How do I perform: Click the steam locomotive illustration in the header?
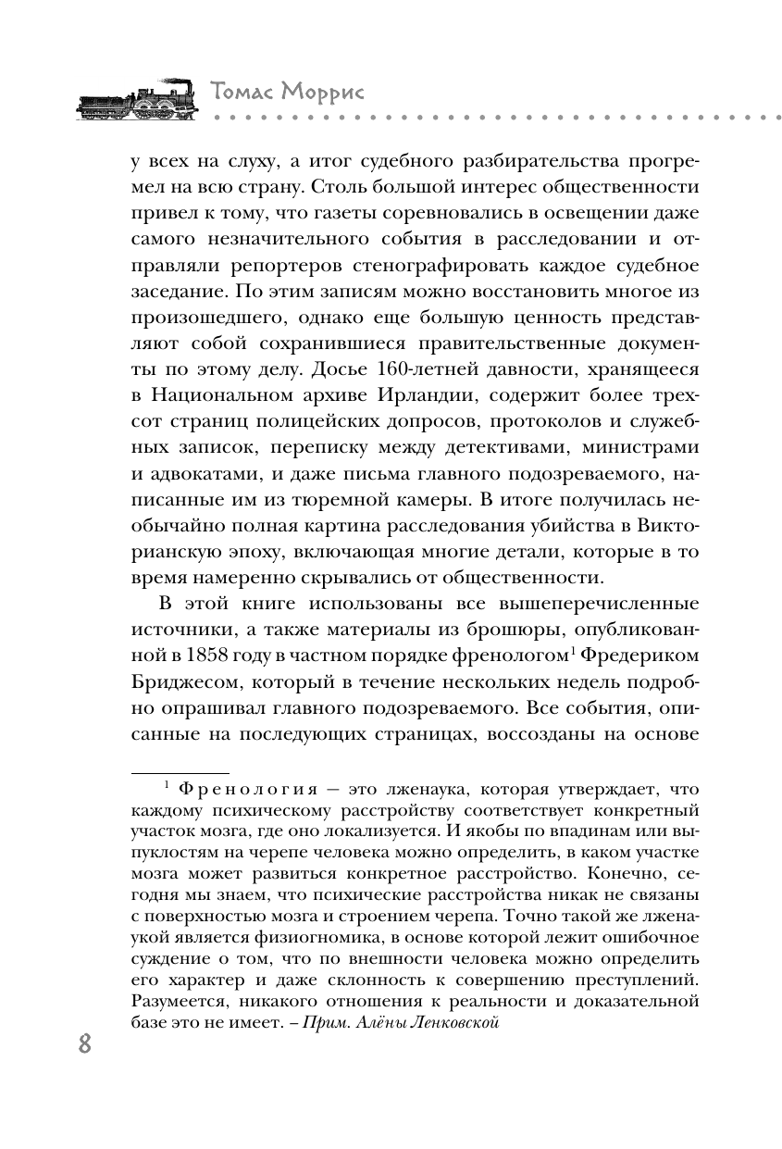pos(135,95)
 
